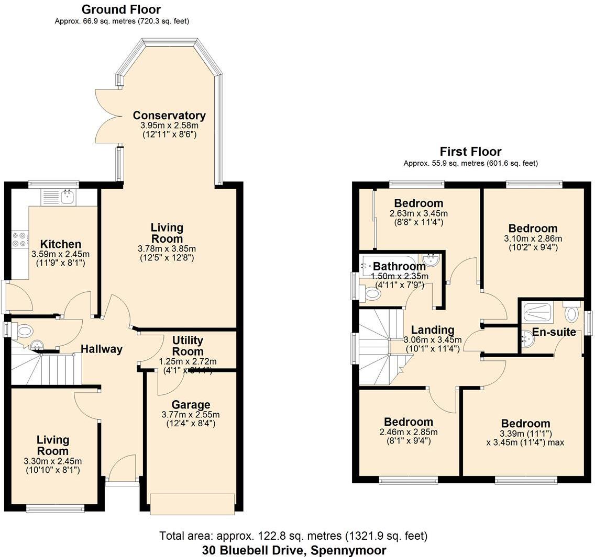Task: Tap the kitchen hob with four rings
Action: [x=19, y=239]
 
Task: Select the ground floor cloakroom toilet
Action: [x=24, y=331]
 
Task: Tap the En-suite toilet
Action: [x=571, y=313]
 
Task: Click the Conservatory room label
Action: [x=169, y=116]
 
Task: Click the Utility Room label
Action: [x=188, y=346]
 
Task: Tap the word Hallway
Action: [x=102, y=349]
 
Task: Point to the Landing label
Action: [x=432, y=330]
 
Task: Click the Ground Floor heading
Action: [x=121, y=9]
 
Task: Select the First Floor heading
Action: [x=470, y=152]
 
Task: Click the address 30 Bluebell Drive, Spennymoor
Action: [x=294, y=550]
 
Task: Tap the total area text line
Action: [x=294, y=536]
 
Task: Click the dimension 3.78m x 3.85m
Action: [x=168, y=248]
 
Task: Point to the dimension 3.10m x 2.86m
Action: [x=533, y=238]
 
